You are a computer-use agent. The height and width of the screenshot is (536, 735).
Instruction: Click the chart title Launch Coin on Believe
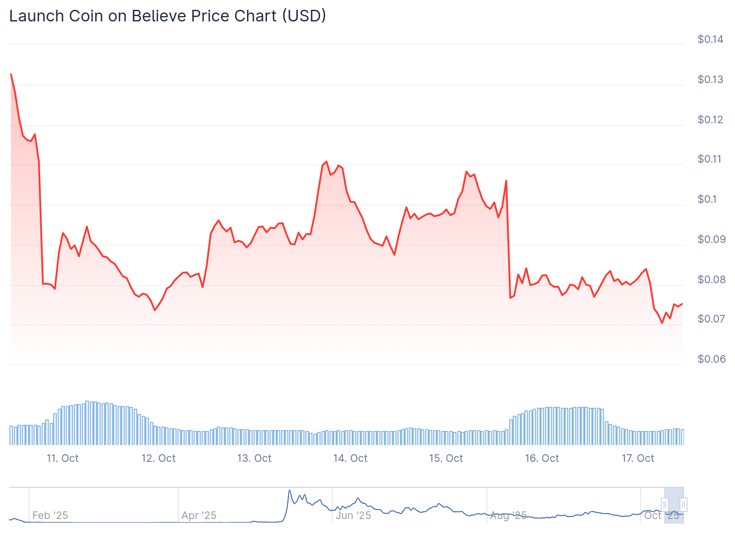167,16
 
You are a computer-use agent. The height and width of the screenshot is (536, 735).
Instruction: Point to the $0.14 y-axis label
710,39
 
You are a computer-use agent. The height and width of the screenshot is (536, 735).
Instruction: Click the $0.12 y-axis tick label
710,120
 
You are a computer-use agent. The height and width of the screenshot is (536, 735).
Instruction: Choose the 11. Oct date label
63,458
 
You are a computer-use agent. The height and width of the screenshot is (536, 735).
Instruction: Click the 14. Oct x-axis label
350,458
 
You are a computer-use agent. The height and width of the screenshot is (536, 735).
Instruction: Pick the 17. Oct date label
638,458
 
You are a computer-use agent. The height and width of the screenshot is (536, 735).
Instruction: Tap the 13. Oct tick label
254,458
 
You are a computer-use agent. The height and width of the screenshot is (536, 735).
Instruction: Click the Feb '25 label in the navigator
50,515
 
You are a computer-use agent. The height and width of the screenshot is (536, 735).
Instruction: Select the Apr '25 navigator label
199,515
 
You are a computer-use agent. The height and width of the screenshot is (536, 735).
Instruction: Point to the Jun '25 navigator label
353,515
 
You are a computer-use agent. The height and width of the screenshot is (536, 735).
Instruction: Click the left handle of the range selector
665,505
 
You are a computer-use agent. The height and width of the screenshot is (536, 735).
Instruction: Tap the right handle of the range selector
683,505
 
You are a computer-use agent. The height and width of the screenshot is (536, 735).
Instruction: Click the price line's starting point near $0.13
11,74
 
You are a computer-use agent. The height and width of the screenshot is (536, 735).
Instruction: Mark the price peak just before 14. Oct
326,162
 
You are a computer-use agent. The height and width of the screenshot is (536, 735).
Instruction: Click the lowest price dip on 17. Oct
662,323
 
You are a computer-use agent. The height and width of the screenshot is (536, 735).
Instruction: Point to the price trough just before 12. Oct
155,310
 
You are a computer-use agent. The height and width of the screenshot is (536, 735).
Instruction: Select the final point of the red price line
682,304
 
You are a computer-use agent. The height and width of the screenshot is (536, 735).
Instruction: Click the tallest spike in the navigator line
290,491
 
